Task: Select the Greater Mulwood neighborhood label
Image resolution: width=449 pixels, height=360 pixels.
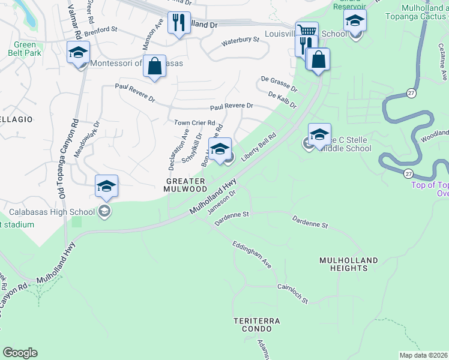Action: pos(185,184)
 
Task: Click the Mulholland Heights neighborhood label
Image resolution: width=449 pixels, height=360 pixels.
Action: pos(349,264)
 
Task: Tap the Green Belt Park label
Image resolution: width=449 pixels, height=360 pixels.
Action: pos(25,49)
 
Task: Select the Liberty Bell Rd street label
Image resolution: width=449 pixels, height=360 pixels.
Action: pos(259,147)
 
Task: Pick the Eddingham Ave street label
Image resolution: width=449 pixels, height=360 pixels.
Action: pos(252,256)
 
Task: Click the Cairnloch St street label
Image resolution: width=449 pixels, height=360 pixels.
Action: pos(293,293)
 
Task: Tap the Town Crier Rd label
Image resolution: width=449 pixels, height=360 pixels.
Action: pos(194,122)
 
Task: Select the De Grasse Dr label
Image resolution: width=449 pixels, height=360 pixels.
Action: pos(279,82)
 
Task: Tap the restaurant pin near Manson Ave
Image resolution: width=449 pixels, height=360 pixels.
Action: pos(178,23)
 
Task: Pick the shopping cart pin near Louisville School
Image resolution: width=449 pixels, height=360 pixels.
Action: pos(307,31)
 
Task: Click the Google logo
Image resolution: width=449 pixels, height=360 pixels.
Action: pos(20,353)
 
